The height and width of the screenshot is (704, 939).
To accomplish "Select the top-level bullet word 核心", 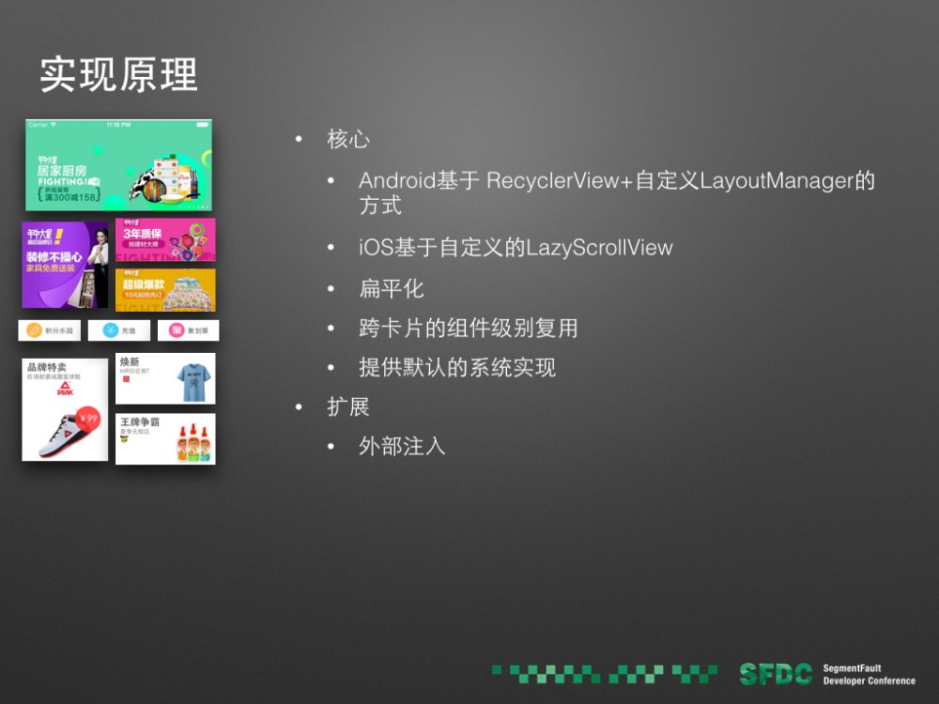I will coord(347,140).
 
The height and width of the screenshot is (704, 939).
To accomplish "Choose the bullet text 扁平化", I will coord(392,288).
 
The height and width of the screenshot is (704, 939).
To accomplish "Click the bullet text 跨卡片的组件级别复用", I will coord(468,328).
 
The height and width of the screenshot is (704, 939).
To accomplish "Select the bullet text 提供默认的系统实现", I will coord(457,367).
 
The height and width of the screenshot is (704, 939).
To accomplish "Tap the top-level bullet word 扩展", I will coord(347,407).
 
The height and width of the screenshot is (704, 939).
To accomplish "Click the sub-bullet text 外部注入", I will coord(402,447).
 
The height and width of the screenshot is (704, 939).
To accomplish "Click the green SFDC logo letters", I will coord(776,674).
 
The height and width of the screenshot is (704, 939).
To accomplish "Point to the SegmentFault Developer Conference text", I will coord(869,674).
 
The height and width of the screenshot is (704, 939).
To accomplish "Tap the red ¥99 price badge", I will coord(89,419).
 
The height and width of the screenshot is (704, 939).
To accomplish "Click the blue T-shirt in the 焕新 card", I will coord(194,381).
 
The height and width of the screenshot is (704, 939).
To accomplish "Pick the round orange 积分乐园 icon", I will coord(35,330).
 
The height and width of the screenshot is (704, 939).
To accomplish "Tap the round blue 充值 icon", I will coord(110,330).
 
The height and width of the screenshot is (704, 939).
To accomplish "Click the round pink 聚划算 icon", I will coord(176,330).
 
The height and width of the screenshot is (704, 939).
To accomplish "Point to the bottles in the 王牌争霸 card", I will coord(192,443).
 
